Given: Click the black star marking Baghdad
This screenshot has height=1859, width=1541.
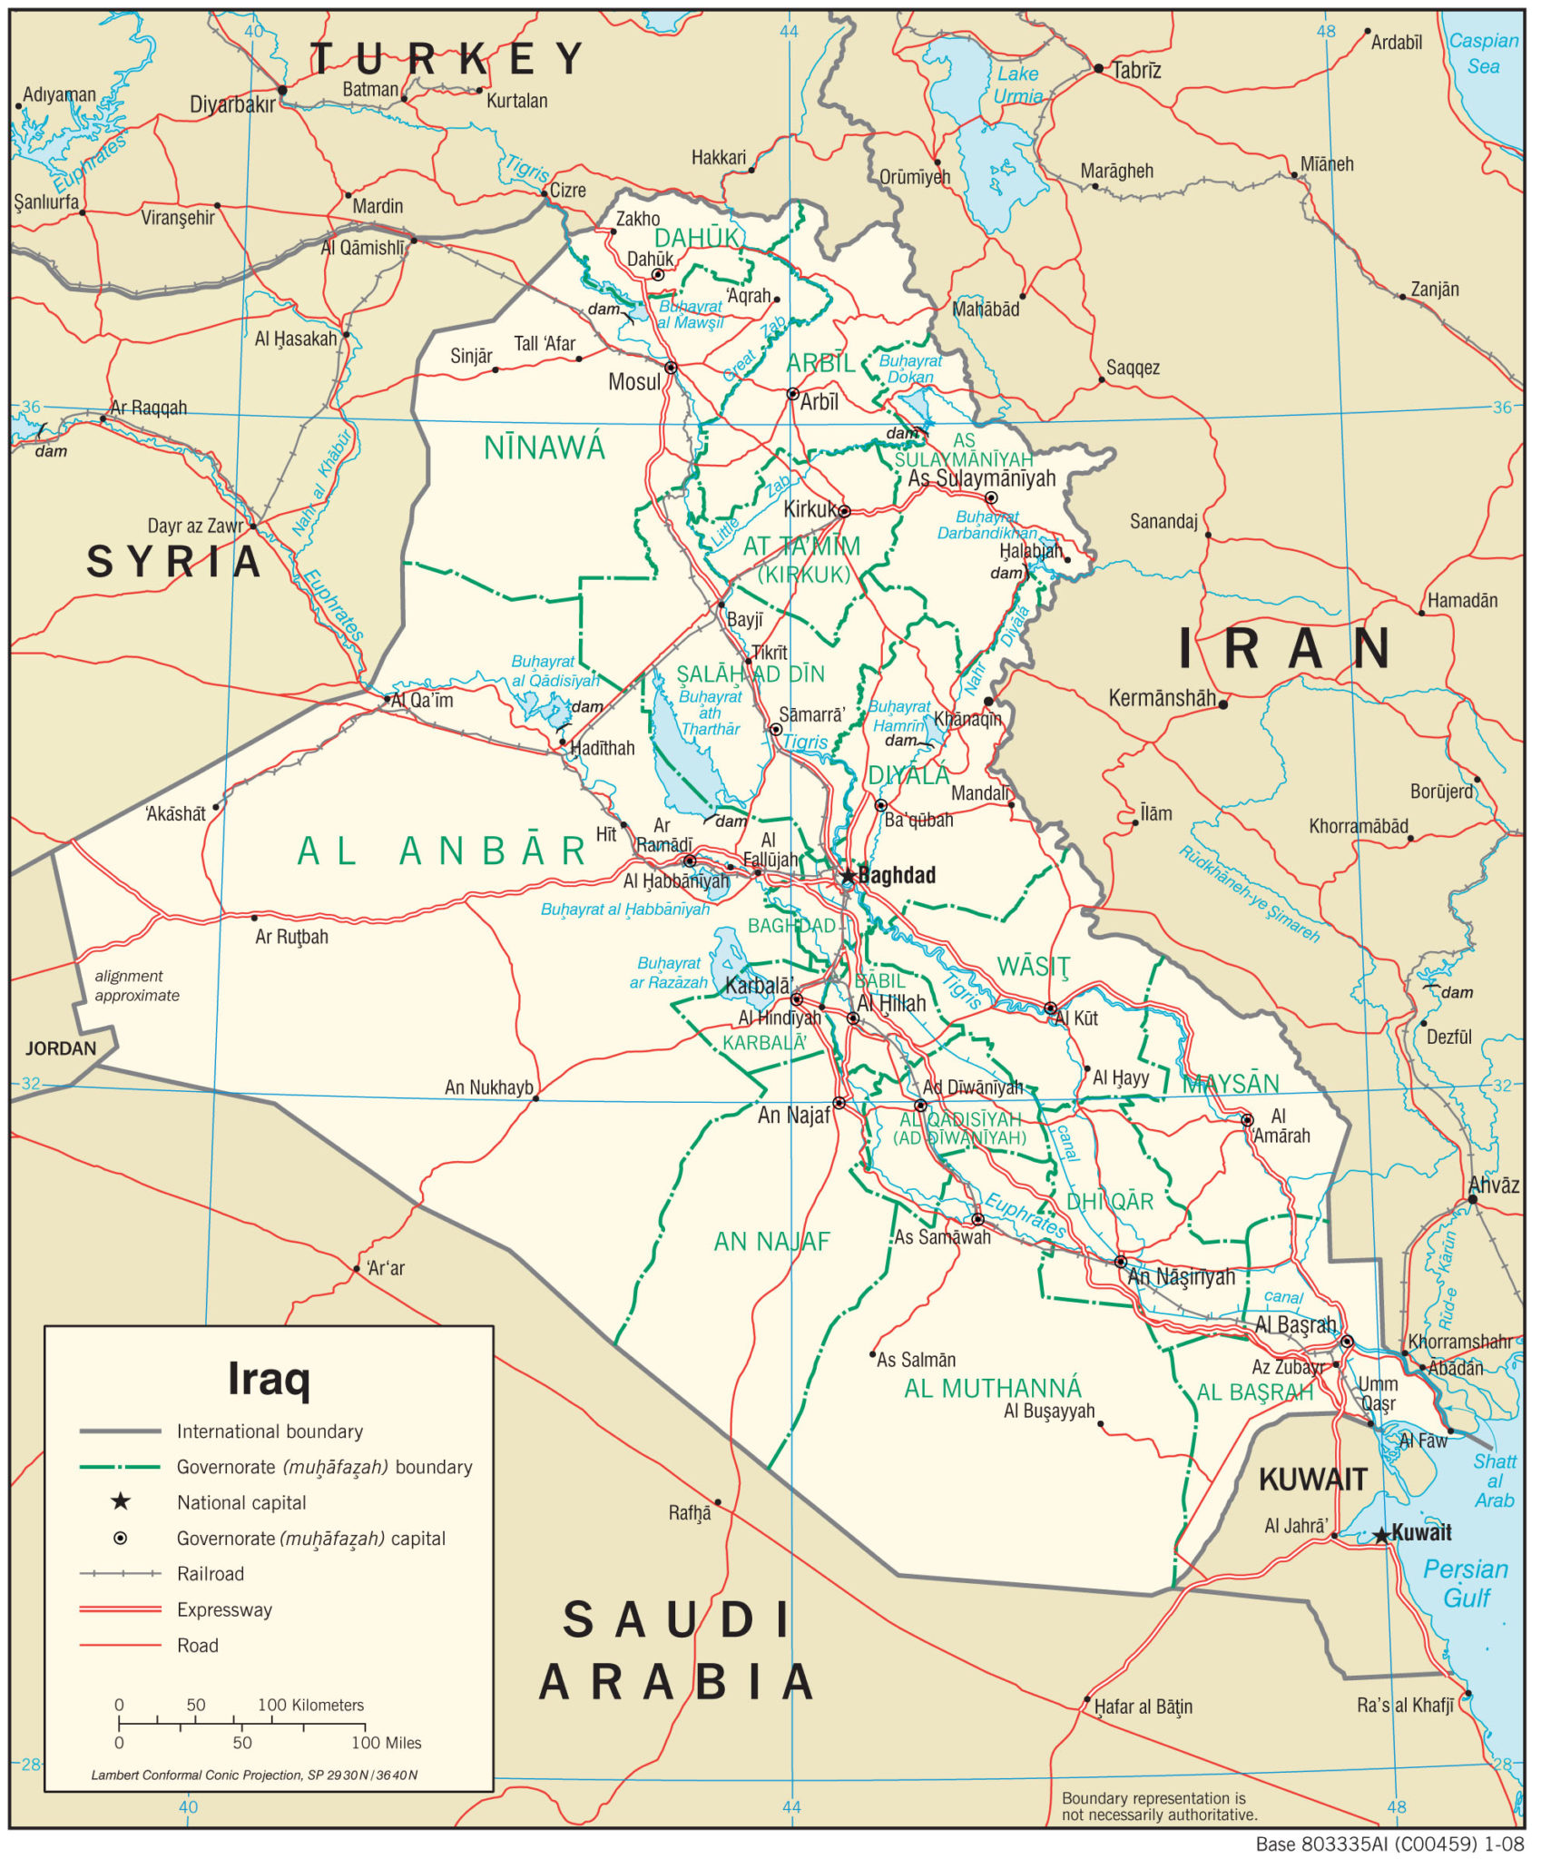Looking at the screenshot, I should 848,877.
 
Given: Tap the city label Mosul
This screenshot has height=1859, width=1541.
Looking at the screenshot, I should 633,382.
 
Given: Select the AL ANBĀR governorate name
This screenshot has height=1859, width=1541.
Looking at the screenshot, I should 442,851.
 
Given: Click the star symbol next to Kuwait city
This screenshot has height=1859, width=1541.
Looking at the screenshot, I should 1381,1535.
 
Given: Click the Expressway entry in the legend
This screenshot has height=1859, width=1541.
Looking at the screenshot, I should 224,1609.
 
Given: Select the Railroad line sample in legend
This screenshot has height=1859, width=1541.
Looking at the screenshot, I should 120,1573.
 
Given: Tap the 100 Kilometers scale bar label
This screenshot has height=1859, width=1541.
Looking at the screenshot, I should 310,1705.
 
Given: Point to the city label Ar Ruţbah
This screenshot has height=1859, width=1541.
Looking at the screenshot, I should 291,937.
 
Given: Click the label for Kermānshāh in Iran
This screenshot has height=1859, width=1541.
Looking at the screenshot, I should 1162,698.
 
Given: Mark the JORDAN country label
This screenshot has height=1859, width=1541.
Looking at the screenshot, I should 60,1048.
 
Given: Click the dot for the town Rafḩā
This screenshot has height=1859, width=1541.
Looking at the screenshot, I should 718,1502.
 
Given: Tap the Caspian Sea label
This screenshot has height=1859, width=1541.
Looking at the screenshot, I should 1483,53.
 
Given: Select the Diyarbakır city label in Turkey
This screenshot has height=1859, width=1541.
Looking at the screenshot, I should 232,104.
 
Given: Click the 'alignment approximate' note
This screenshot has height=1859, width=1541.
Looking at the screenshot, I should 136,985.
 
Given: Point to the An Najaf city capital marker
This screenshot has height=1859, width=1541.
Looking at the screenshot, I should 839,1103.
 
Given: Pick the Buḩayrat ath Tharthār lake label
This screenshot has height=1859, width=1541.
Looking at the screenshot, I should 710,713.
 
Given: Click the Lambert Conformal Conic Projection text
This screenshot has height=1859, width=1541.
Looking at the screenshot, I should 254,1775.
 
